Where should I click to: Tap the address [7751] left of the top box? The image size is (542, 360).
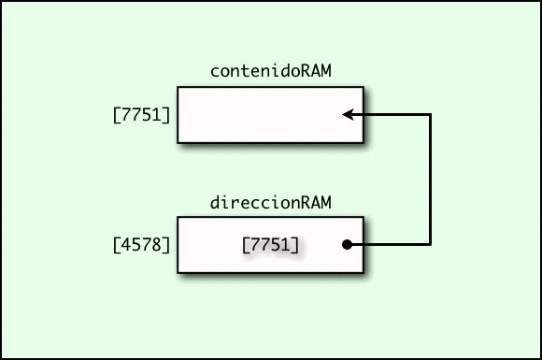[141, 117]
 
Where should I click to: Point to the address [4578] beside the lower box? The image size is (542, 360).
[141, 246]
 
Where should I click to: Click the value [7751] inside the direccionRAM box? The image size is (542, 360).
[270, 245]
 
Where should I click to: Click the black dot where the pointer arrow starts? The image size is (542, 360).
[347, 245]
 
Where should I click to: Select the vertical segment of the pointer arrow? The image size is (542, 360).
[430, 180]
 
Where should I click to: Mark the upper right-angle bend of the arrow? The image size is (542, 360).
[430, 115]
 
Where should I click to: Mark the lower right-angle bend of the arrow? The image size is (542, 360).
[430, 245]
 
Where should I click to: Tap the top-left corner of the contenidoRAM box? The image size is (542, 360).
[178, 88]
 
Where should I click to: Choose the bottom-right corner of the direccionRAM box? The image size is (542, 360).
[364, 273]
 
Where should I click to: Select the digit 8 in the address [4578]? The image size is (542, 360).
[158, 246]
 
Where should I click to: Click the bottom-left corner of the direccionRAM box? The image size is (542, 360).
[178, 273]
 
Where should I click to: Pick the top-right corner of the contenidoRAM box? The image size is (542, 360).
[364, 88]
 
